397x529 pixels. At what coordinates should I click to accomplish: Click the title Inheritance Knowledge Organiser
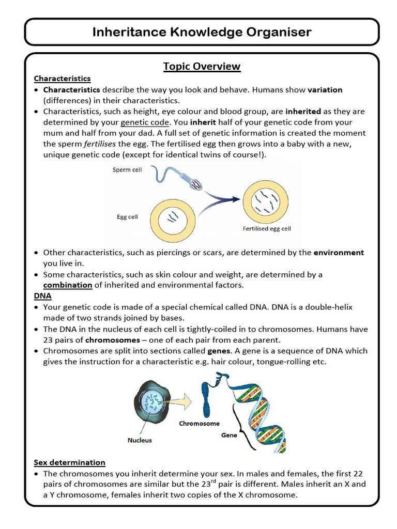[x=202, y=32]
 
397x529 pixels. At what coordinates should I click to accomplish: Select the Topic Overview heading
[x=202, y=66]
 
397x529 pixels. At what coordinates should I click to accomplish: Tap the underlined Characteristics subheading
[x=62, y=79]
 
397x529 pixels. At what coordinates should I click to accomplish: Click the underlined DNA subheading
[x=42, y=296]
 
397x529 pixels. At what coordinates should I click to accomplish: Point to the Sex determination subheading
[x=69, y=462]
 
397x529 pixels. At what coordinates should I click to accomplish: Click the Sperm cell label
[x=127, y=170]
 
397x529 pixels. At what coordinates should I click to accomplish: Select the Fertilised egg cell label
[x=267, y=228]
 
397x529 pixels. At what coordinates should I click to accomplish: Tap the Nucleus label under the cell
[x=140, y=441]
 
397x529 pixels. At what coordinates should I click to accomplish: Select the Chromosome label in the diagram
[x=199, y=423]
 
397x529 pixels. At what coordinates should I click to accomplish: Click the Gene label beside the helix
[x=229, y=435]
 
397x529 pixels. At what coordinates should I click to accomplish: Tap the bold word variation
[x=325, y=90]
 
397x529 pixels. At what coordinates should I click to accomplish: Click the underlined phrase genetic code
[x=144, y=122]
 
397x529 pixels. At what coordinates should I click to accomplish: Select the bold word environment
[x=339, y=253]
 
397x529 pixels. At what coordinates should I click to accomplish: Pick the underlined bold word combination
[x=67, y=285]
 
